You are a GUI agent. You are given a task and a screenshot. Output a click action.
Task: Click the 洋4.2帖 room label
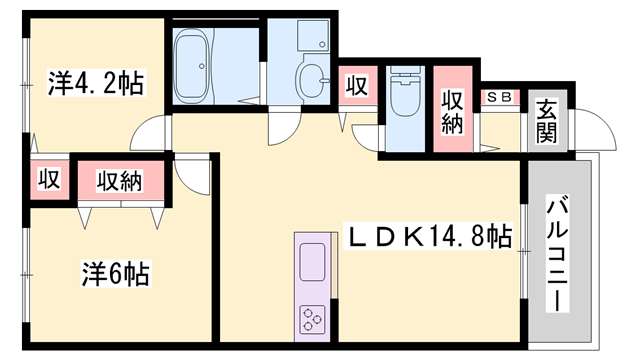(96, 84)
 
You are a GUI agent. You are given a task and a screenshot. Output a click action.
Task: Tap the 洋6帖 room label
(116, 273)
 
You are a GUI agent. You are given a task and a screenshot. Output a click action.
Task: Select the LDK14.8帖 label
(428, 236)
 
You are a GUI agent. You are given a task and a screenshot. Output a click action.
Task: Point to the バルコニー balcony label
(558, 254)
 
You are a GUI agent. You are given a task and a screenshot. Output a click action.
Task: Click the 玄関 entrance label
(547, 121)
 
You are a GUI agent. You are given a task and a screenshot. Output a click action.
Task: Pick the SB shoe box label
(500, 97)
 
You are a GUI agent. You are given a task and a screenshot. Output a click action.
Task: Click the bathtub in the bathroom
(192, 66)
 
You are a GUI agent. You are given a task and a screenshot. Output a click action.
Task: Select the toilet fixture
(405, 91)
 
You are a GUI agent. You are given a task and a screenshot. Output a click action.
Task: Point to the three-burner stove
(313, 319)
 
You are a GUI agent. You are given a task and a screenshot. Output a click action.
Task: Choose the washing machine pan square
(313, 36)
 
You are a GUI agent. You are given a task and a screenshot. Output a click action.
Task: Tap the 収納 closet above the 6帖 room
(120, 181)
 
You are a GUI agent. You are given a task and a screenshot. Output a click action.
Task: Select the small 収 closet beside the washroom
(358, 85)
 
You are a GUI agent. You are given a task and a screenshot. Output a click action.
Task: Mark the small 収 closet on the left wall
(49, 179)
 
